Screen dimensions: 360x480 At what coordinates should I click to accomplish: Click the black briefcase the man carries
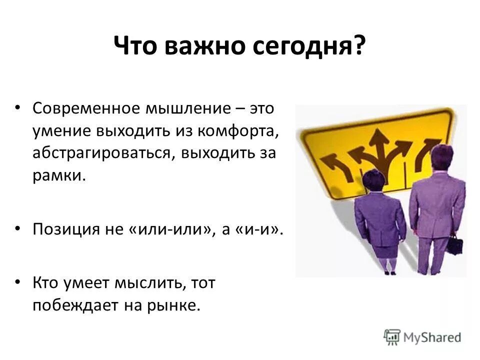[x=454, y=245]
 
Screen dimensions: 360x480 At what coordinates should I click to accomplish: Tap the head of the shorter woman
[x=374, y=179]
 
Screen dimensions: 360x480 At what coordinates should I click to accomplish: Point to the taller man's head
[x=441, y=156]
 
